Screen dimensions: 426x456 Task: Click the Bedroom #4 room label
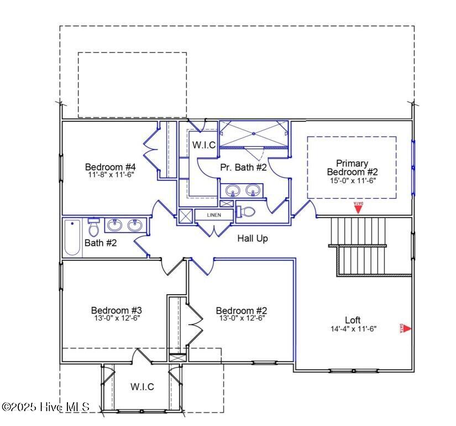[111, 167]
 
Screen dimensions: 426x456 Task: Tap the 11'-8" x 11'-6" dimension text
[111, 174]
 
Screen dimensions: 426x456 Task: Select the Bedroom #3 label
[117, 310]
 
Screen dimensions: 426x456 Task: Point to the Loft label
[353, 320]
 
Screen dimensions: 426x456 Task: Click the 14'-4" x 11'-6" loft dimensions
[353, 328]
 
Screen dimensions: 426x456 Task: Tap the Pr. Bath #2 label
[243, 167]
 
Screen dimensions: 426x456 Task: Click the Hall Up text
[253, 238]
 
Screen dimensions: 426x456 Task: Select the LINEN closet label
[214, 215]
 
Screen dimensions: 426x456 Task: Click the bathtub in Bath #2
[72, 237]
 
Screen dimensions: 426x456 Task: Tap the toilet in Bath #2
[93, 227]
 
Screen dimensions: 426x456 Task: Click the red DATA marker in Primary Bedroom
[358, 207]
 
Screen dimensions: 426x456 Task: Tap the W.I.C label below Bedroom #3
[142, 386]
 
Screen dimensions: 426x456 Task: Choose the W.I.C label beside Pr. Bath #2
[204, 145]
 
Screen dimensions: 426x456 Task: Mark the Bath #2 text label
[101, 242]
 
